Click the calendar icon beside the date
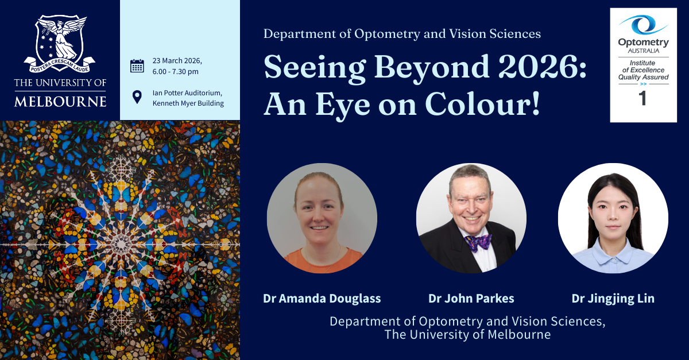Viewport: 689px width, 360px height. [x=137, y=66]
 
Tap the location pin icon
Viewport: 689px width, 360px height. [x=137, y=97]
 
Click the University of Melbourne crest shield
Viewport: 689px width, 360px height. [x=60, y=40]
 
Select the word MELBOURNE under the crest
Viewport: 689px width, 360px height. [x=60, y=102]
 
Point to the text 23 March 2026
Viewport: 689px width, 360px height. [x=177, y=61]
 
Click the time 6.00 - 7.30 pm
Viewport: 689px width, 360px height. [x=175, y=72]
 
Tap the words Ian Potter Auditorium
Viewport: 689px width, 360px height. [x=187, y=92]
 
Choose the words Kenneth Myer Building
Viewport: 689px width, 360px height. [x=188, y=103]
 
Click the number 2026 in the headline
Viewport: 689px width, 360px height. [x=538, y=67]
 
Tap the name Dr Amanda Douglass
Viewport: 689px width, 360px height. [x=322, y=299]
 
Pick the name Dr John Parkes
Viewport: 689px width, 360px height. [x=471, y=299]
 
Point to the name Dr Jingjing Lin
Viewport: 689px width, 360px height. [x=613, y=299]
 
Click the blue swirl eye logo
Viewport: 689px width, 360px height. [x=643, y=25]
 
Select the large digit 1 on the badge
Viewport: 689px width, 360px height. [x=642, y=98]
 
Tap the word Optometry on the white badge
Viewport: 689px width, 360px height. [x=644, y=42]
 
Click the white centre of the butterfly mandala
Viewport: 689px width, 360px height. [x=121, y=245]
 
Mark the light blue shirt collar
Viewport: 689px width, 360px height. [x=613, y=251]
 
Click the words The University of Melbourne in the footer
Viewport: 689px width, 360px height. [x=467, y=335]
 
